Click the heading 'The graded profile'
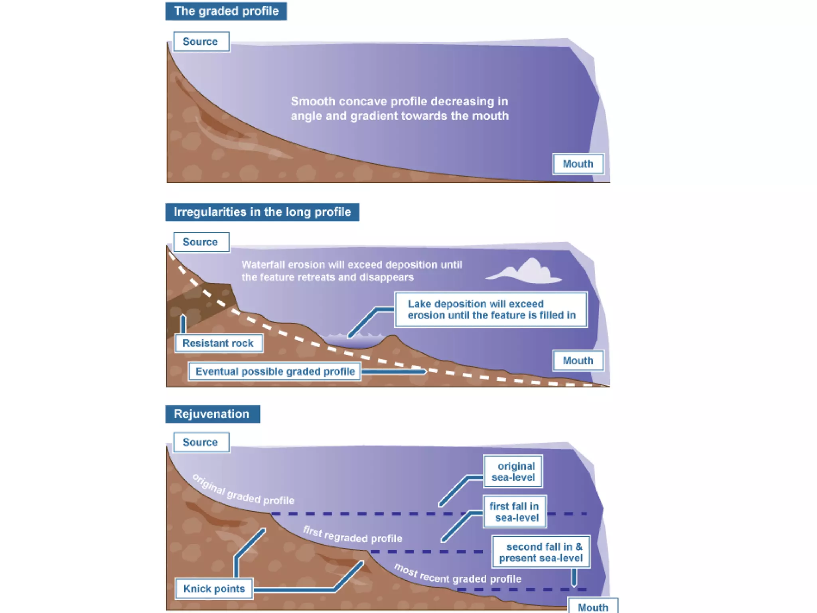(x=226, y=11)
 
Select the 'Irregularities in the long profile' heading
(x=262, y=212)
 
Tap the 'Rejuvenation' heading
(x=212, y=414)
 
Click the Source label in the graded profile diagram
(x=201, y=42)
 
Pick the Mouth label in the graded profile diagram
(x=578, y=164)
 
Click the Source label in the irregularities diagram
(x=201, y=242)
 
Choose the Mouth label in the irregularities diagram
(x=578, y=361)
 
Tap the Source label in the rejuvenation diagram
(x=201, y=443)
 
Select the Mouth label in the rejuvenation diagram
(x=593, y=607)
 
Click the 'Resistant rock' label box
(x=219, y=343)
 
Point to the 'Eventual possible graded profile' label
(x=275, y=372)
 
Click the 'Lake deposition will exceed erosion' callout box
(x=491, y=310)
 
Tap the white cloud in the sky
(x=527, y=272)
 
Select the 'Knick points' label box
(x=214, y=589)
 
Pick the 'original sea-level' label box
(x=513, y=472)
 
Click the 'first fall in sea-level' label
(x=514, y=512)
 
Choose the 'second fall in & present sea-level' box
(x=541, y=552)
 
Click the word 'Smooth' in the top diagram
(x=313, y=101)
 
